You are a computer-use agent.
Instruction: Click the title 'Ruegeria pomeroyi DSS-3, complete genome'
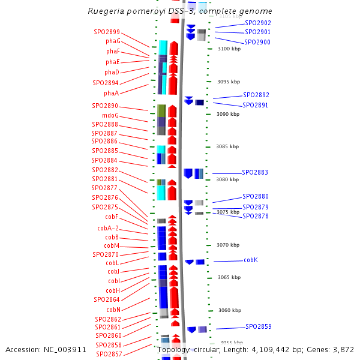click(x=180, y=11)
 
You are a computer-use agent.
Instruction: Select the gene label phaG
click(x=113, y=41)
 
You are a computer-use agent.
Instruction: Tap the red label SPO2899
click(x=107, y=32)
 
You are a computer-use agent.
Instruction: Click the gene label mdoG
click(x=110, y=115)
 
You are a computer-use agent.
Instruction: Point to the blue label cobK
click(x=251, y=260)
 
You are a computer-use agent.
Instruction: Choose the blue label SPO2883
click(x=255, y=173)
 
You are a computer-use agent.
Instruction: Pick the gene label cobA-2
click(x=108, y=228)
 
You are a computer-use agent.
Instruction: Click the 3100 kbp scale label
click(x=229, y=49)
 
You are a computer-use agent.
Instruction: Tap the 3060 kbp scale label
click(x=229, y=311)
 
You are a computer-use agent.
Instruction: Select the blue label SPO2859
click(x=259, y=327)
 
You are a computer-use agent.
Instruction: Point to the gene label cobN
click(x=113, y=310)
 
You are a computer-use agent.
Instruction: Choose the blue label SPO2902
click(x=258, y=23)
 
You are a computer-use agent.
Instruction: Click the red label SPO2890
click(x=105, y=106)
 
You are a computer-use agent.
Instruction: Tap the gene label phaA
click(x=111, y=93)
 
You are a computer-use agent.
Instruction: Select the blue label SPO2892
click(x=256, y=95)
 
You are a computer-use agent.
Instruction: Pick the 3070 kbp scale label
click(x=228, y=245)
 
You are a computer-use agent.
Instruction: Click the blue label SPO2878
click(x=256, y=216)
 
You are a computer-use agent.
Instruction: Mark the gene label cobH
click(x=113, y=290)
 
